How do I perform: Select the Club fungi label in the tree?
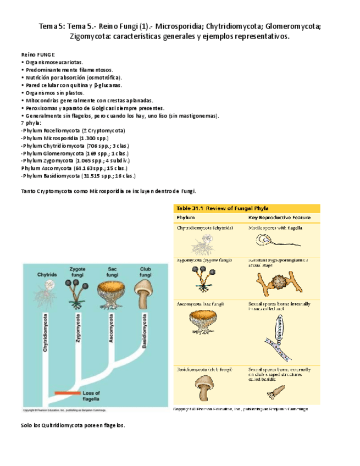(145, 271)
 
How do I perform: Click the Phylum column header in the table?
(186, 218)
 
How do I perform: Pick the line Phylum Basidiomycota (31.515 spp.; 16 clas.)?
(77, 176)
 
